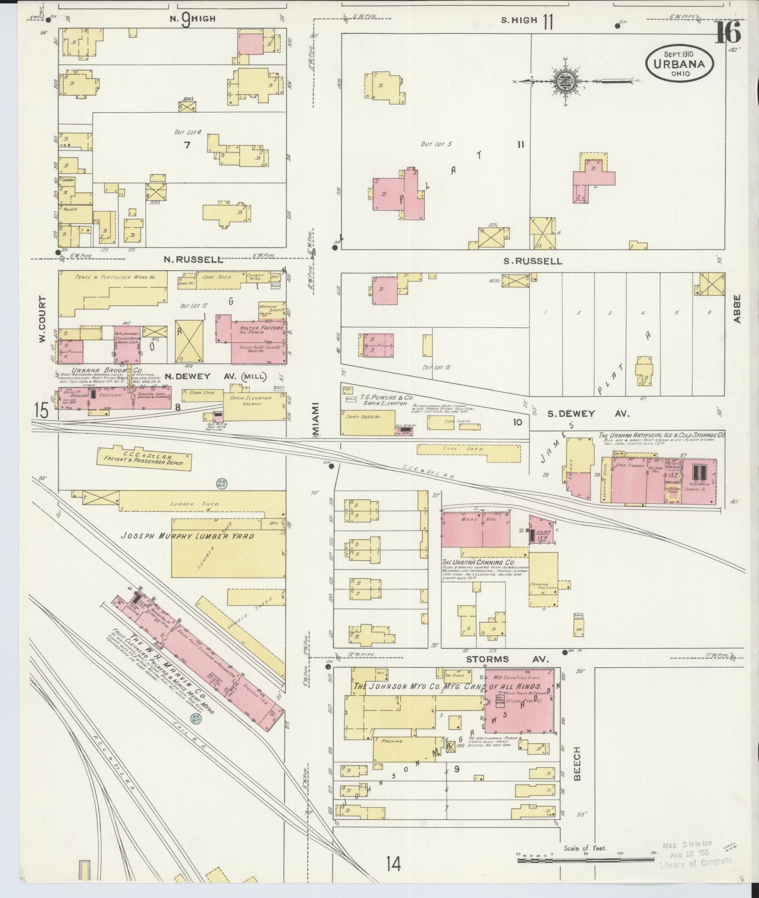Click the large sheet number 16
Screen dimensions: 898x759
(x=728, y=32)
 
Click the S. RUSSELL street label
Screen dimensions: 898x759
(x=532, y=261)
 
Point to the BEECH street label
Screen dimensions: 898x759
(x=577, y=760)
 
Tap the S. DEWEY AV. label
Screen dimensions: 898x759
(x=588, y=413)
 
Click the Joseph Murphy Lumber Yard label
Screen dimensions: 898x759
(x=187, y=536)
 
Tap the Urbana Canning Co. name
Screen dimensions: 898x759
(x=478, y=562)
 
